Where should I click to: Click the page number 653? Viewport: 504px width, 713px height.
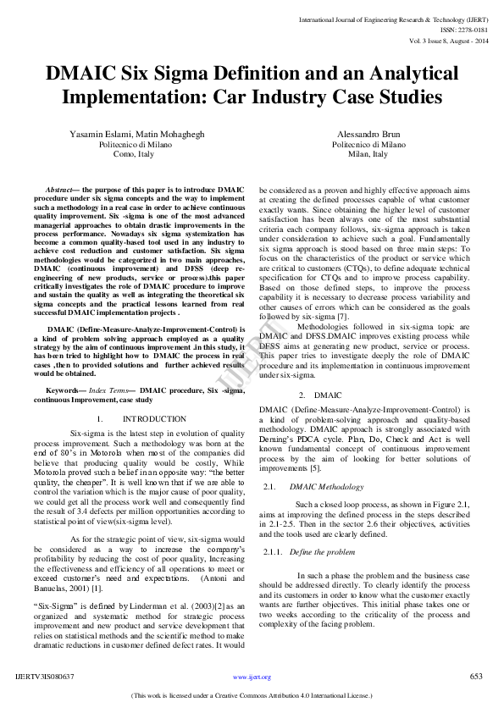click(x=476, y=677)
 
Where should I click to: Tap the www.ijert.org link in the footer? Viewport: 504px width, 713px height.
click(x=252, y=677)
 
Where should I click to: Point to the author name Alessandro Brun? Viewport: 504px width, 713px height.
click(x=368, y=135)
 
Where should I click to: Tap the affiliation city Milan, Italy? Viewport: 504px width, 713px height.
click(x=368, y=155)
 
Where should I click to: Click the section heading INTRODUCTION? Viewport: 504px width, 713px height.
click(x=154, y=418)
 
